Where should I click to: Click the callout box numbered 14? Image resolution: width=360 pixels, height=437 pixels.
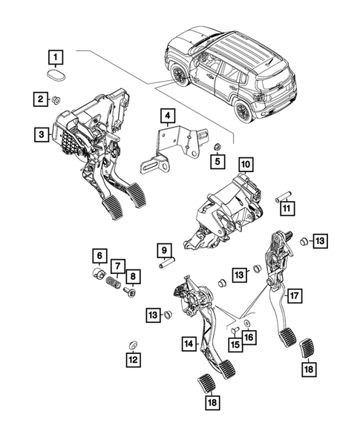click(x=191, y=344)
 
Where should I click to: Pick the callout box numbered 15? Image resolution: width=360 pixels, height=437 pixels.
click(x=235, y=345)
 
